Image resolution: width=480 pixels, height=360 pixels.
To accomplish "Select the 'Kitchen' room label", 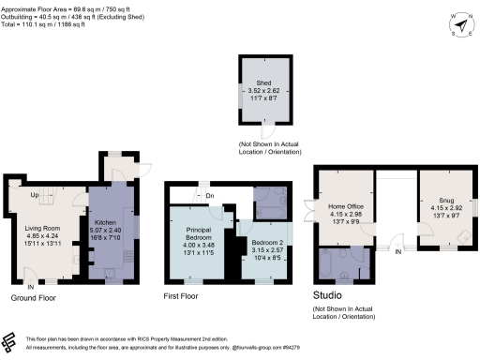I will tap(110, 222).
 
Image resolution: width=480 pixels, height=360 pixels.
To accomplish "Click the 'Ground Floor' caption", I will tap(33, 298).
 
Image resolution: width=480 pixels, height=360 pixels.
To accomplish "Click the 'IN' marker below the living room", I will tap(31, 285).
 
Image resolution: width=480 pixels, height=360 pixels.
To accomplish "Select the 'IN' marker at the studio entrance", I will tap(398, 252).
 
